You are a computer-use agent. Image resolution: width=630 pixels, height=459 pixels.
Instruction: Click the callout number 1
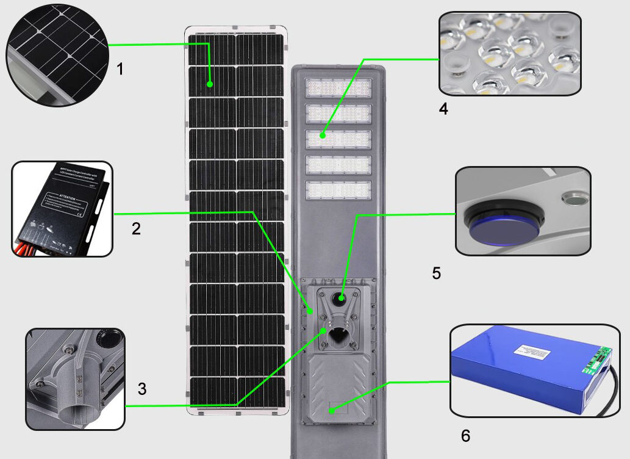click(120, 69)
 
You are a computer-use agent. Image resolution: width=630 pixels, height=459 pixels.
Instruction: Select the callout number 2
click(136, 229)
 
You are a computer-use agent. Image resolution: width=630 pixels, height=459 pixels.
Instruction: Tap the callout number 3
click(141, 389)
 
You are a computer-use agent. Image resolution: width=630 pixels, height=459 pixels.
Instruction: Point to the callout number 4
click(443, 109)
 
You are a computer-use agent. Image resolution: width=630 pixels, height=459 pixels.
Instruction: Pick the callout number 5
click(436, 273)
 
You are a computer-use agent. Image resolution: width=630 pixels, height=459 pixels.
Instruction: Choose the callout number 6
click(465, 436)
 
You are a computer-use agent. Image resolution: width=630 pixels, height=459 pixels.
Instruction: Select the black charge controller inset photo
click(62, 209)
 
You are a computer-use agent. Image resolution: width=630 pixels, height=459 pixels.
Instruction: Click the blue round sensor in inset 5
click(503, 228)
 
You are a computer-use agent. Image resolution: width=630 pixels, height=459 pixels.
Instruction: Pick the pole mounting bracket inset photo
click(75, 378)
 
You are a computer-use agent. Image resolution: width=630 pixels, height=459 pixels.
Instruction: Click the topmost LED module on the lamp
click(338, 89)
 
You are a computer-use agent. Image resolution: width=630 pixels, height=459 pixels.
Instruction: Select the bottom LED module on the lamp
click(338, 190)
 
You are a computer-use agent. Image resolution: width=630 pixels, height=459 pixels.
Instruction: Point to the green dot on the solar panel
click(210, 85)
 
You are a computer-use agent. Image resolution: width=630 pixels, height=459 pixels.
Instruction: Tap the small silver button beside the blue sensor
click(573, 199)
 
